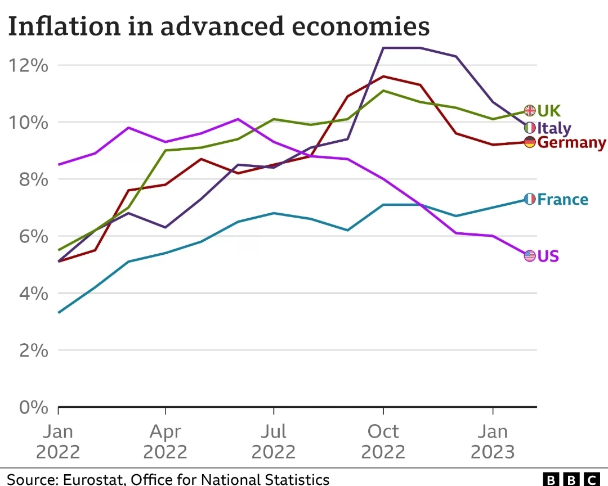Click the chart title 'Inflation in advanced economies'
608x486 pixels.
pyautogui.click(x=218, y=26)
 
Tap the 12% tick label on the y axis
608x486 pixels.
pyautogui.click(x=29, y=66)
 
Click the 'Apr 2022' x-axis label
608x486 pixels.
pyautogui.click(x=165, y=442)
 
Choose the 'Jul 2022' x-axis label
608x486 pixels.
pyautogui.click(x=274, y=442)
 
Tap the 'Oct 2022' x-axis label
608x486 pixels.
pyautogui.click(x=383, y=442)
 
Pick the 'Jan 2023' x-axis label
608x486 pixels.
pyautogui.click(x=493, y=442)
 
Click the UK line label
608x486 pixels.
pyautogui.click(x=549, y=110)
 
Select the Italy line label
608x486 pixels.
pyautogui.click(x=554, y=128)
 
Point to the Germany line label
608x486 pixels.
pyautogui.click(x=571, y=142)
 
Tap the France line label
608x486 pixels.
pyautogui.click(x=562, y=199)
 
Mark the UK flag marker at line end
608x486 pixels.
pyautogui.click(x=529, y=110)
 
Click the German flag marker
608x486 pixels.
pyautogui.click(x=529, y=142)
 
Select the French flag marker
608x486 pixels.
pyautogui.click(x=529, y=199)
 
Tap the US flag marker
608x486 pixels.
pyautogui.click(x=529, y=256)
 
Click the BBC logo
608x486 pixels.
pyautogui.click(x=571, y=479)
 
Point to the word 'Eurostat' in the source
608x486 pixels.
pyautogui.click(x=91, y=479)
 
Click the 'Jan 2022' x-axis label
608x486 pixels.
pyautogui.click(x=58, y=442)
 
